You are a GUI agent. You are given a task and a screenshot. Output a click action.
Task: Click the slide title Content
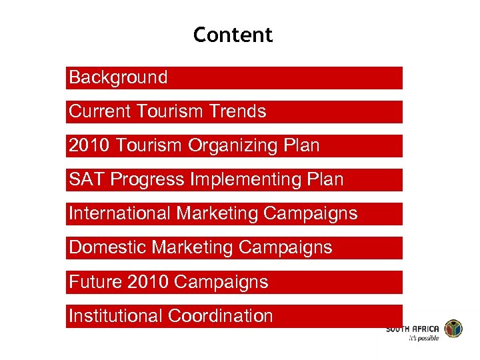233,35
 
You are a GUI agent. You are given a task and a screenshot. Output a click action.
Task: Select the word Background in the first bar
118,77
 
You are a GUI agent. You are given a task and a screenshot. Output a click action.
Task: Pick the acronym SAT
87,179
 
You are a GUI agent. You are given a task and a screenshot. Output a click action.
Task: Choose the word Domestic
108,247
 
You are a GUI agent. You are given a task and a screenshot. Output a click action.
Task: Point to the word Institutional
116,315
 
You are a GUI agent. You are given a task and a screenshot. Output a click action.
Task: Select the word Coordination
221,315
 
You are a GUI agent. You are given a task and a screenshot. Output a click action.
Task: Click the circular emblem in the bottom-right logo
453,329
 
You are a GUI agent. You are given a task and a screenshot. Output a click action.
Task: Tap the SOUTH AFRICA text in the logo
413,329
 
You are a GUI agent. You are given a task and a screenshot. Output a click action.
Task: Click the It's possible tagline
424,339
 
